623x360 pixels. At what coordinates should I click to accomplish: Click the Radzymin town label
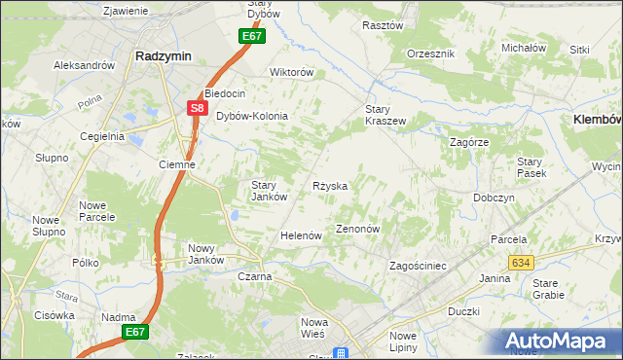pyautogui.click(x=162, y=55)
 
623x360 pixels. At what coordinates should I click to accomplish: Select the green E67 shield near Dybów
pyautogui.click(x=252, y=37)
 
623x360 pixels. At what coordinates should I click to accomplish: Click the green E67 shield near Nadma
pyautogui.click(x=135, y=332)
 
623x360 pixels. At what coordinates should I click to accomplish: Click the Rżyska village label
pyautogui.click(x=330, y=185)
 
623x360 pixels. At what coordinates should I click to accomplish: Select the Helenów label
pyautogui.click(x=301, y=235)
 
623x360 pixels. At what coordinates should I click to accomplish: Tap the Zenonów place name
pyautogui.click(x=357, y=229)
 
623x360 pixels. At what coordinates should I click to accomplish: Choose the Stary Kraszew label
pyautogui.click(x=385, y=114)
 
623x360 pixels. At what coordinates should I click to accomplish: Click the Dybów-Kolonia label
pyautogui.click(x=252, y=116)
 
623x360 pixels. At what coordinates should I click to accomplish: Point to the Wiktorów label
pyautogui.click(x=291, y=72)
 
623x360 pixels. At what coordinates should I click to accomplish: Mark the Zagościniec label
pyautogui.click(x=417, y=265)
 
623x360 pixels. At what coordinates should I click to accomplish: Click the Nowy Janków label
pyautogui.click(x=206, y=253)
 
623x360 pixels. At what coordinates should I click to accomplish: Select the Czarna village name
pyautogui.click(x=254, y=276)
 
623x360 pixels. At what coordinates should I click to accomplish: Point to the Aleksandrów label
pyautogui.click(x=84, y=65)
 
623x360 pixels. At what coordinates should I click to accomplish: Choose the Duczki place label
pyautogui.click(x=463, y=311)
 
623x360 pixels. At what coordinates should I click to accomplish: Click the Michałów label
pyautogui.click(x=522, y=47)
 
